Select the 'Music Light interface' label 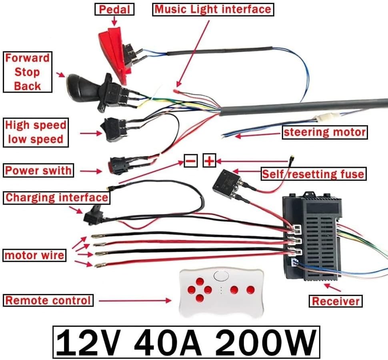(x=213, y=9)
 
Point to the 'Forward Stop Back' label (x=28, y=72)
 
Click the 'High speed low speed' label (x=35, y=132)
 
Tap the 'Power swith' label (x=38, y=171)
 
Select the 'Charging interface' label (x=56, y=197)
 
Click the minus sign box (x=190, y=161)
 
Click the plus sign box (x=209, y=161)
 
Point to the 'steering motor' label (x=324, y=132)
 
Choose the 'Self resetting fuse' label (x=312, y=174)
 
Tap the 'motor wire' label (x=34, y=255)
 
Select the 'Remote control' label (x=48, y=300)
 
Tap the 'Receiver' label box (x=336, y=301)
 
